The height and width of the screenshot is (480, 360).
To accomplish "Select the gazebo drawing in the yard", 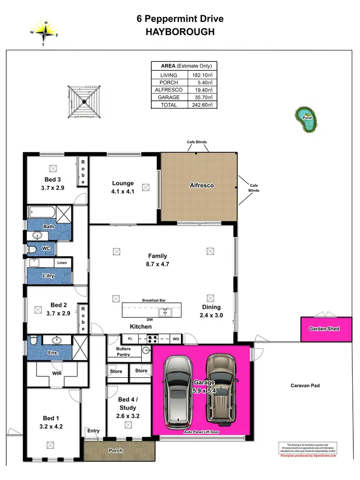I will click(x=84, y=101).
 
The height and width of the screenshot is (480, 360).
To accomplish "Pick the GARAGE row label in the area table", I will click(x=166, y=97).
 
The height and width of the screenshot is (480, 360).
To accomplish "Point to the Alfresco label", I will click(x=202, y=185).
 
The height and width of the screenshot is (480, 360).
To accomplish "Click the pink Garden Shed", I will click(x=324, y=329).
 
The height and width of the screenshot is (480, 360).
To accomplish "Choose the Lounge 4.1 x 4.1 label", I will click(x=123, y=187).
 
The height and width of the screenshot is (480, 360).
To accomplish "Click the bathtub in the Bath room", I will click(x=41, y=212).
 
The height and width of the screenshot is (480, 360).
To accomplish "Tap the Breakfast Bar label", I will click(x=153, y=300).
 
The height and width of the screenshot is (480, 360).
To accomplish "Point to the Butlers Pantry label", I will click(x=123, y=351).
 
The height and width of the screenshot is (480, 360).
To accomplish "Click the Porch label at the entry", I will click(x=115, y=451).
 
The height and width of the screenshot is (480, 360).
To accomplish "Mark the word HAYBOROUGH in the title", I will click(x=180, y=32).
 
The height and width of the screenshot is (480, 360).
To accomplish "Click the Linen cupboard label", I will click(x=62, y=263).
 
